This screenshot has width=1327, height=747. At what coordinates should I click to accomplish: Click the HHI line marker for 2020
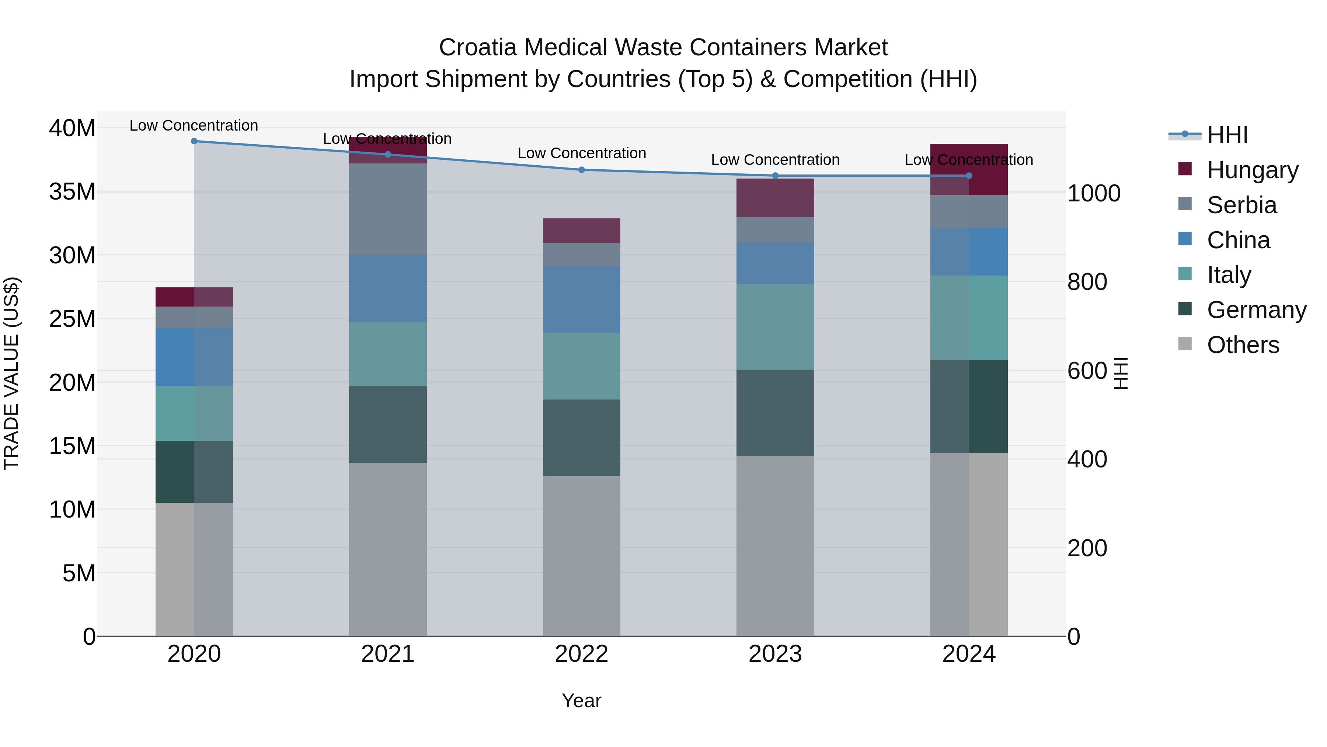(x=194, y=141)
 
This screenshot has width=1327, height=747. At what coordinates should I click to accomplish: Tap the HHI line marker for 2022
(x=582, y=170)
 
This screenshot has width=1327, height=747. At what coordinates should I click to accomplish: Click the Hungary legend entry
(x=1252, y=170)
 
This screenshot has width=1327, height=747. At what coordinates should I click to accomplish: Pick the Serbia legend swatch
(x=1185, y=204)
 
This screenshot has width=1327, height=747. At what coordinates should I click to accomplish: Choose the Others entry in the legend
(x=1243, y=345)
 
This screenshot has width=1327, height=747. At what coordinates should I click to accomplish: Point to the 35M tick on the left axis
(x=72, y=192)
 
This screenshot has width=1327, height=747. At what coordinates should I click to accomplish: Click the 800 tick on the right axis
(x=1087, y=282)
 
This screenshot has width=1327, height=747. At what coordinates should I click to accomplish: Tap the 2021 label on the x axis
(x=387, y=654)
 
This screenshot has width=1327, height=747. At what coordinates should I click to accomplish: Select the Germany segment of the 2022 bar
(x=582, y=437)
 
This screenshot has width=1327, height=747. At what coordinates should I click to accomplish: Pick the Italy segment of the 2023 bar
(x=775, y=326)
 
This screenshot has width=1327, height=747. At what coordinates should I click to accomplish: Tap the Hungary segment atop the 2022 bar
(x=582, y=231)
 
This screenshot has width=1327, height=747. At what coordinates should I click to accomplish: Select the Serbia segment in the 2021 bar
(x=387, y=209)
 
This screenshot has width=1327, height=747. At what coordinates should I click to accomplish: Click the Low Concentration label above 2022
(x=582, y=153)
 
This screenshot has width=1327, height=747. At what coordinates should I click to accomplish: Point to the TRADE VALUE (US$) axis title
(x=11, y=373)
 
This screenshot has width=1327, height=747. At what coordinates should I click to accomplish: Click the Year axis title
(x=582, y=701)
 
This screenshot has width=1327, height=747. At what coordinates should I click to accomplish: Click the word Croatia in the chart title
(x=477, y=48)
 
